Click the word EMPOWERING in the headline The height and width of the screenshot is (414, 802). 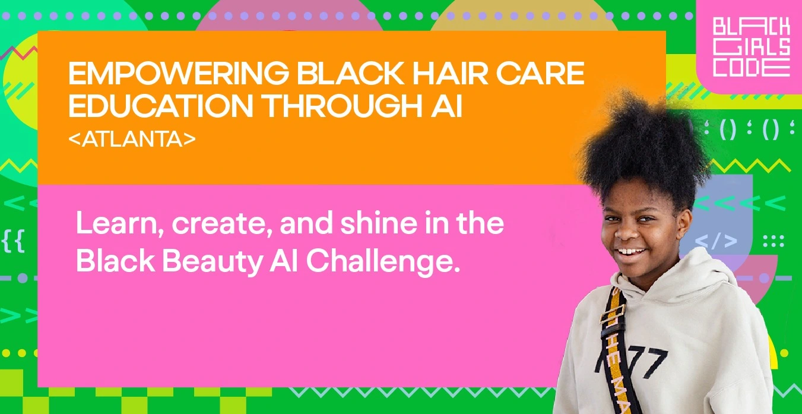coord(179,73)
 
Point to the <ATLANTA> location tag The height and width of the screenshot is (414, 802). coord(132,139)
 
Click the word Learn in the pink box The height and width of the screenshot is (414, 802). coord(120,223)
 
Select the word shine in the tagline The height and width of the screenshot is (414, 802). coord(379,223)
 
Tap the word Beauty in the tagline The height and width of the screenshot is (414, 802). coord(213,262)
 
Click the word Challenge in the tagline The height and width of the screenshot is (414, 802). coord(383,262)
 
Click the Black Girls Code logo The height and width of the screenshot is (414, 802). coord(751,46)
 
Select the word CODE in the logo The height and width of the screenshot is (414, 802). coord(751,68)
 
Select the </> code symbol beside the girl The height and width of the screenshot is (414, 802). coord(716,241)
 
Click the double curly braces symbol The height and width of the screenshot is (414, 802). coord(13,241)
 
